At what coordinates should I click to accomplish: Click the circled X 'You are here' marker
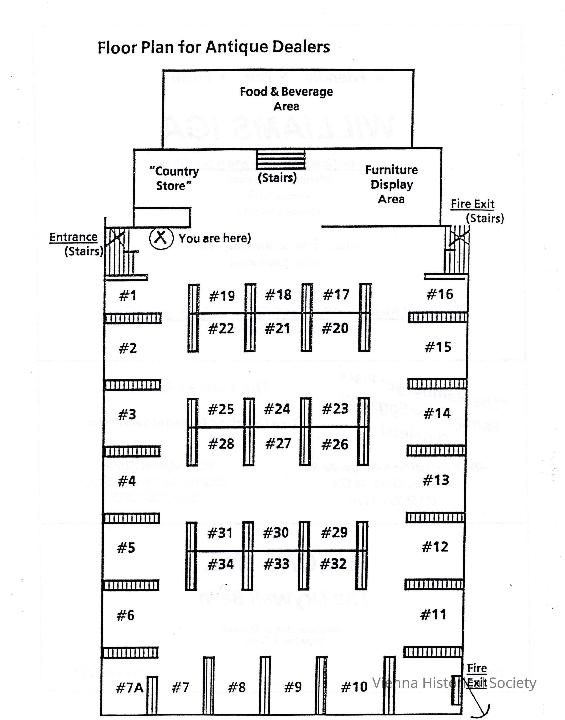click(161, 238)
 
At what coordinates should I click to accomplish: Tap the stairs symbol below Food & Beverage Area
click(281, 159)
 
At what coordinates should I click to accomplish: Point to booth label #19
click(222, 296)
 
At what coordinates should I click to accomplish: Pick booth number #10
click(354, 687)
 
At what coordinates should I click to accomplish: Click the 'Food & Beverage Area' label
click(286, 99)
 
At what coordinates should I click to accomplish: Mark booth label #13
click(436, 480)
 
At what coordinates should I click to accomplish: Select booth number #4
click(127, 481)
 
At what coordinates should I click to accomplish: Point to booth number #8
click(237, 687)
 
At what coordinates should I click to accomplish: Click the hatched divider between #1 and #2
click(133, 319)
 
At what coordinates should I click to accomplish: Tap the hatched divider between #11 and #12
click(434, 584)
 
